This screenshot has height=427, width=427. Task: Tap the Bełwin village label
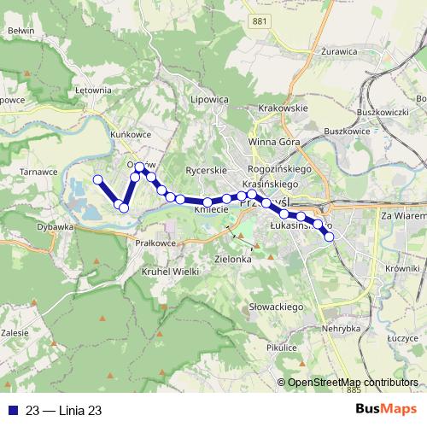[20, 30]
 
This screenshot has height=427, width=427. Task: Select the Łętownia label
[93, 89]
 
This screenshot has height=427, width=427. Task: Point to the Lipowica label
[211, 99]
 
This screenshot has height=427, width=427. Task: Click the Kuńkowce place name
[130, 135]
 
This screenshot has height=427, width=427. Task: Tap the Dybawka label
[56, 228]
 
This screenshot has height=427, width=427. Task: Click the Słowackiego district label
[276, 306]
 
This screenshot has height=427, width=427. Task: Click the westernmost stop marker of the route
[97, 179]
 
